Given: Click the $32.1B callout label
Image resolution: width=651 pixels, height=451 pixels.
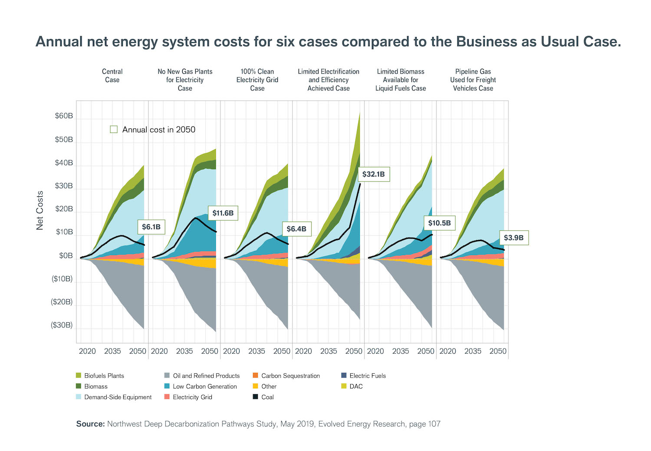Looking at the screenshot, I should pos(374,174).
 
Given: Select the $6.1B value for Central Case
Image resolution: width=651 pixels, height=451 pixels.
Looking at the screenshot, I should pos(151,227).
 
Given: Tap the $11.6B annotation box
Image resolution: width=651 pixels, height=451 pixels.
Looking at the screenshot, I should pos(223,213).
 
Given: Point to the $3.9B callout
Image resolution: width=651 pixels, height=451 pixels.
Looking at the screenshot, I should pos(513,238).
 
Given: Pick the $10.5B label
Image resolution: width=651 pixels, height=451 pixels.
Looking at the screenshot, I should pos(439,223).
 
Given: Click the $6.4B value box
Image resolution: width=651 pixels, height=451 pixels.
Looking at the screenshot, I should pos(296,229).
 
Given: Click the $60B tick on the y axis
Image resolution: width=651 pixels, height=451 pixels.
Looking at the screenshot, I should pos(64,116).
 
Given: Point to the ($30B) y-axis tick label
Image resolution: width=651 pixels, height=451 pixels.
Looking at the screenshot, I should pos(62,325).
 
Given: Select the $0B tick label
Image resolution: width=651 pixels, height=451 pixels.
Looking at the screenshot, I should pos(66,255).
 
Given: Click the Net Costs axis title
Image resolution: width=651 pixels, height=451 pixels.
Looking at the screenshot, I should pos(40,210).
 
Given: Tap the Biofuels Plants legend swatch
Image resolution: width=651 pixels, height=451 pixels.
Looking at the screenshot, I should pos(79,375).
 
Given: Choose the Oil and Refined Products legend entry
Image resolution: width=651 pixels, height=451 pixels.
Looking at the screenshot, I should pos(206,375).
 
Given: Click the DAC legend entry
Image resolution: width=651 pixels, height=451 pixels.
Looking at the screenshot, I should pos(355,386).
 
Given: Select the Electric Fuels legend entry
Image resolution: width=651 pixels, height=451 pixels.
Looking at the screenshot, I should pos(367,375).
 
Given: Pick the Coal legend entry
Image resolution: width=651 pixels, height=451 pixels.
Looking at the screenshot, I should pos(267,397).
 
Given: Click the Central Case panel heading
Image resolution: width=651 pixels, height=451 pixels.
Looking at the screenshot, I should pos(112,76).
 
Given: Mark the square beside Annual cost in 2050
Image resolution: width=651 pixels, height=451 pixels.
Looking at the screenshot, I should pos(114,129).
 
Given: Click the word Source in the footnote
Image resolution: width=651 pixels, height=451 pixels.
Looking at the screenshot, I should pos(90,424).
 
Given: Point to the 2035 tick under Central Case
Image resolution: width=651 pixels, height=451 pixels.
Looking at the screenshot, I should pos(112,351).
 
